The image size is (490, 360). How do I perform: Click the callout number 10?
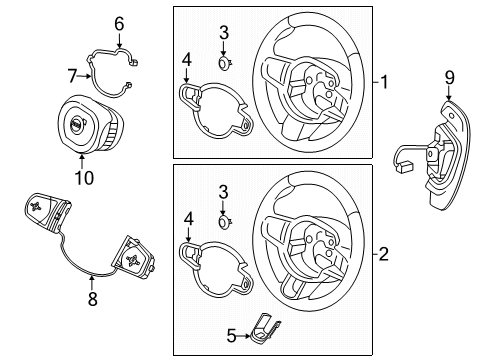coord(84,178)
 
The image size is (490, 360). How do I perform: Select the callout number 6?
coord(119,24)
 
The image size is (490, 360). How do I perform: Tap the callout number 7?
coord(72,76)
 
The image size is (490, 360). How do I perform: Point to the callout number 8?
coord(92,298)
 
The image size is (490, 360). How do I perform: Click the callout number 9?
coord(449,78)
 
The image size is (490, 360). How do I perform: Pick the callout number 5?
coord(231,336)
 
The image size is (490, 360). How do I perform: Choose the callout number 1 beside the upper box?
coord(384,82)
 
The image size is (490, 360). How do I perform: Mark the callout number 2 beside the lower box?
coord(384,254)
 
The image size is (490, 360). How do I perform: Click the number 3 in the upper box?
coord(224,33)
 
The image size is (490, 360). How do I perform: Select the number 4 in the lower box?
coord(188,220)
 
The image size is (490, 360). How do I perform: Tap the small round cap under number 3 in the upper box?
coord(225,63)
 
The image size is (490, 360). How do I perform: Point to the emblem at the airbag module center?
coord(76,124)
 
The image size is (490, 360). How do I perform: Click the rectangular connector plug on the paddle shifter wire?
coord(404,168)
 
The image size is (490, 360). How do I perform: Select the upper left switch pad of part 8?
coord(47,210)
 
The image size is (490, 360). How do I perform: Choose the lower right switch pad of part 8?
coord(132,257)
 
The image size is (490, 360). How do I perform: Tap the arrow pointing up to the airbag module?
coord(82,161)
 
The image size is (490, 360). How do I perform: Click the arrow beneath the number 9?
coord(449,93)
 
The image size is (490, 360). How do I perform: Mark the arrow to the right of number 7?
coord(84,76)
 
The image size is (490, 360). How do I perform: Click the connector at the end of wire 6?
coord(134,62)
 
